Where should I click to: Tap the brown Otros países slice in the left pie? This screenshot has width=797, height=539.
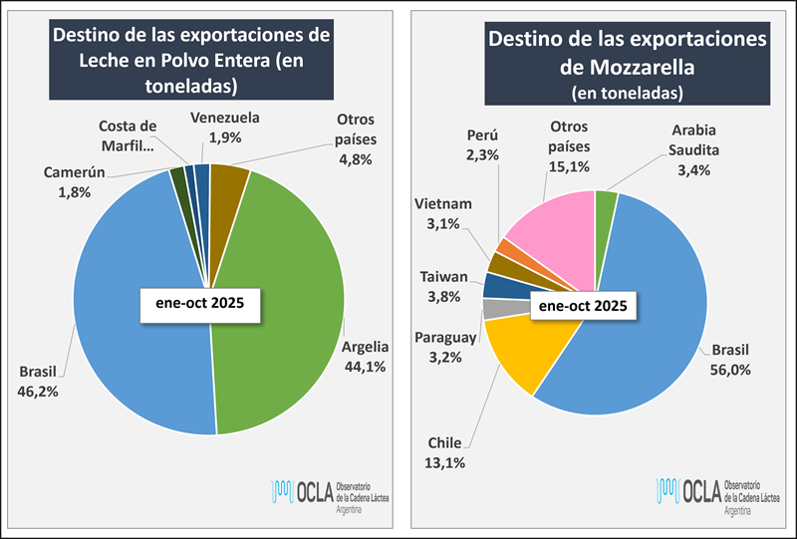[x=229, y=183]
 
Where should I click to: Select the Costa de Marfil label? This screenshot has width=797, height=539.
[x=129, y=135]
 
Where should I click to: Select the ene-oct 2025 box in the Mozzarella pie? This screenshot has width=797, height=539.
[x=583, y=307]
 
